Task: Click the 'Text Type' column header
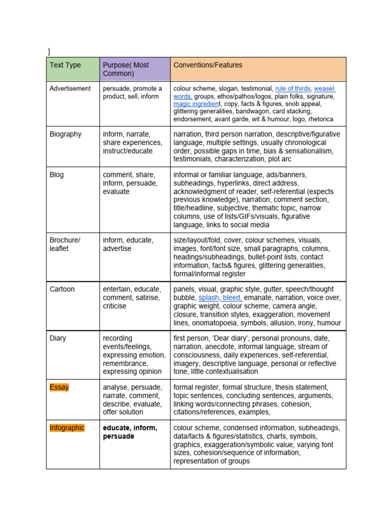click(x=65, y=65)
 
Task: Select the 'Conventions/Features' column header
click(x=208, y=65)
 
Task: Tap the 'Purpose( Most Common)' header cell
click(x=126, y=69)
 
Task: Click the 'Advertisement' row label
click(x=70, y=88)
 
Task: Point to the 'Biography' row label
click(x=65, y=134)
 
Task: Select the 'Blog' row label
click(x=57, y=175)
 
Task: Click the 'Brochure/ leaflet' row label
click(x=65, y=244)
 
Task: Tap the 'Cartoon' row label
click(x=62, y=289)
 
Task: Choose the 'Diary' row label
click(x=58, y=338)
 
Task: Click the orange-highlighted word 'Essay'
click(x=59, y=387)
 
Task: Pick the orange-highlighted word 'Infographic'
click(x=67, y=428)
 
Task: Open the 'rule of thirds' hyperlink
click(x=292, y=88)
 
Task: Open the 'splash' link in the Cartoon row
click(x=208, y=297)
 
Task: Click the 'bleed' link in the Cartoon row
click(x=232, y=297)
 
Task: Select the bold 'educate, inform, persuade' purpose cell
click(x=130, y=432)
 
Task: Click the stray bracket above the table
click(x=49, y=51)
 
